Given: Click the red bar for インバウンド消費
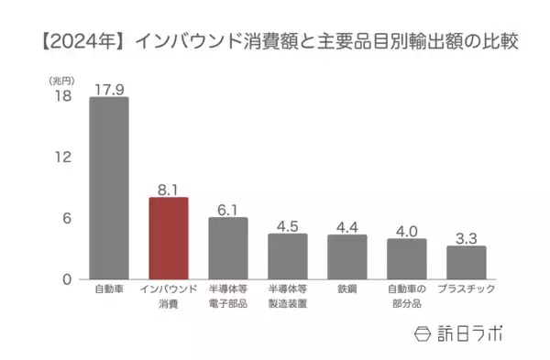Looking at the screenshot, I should click(x=169, y=238).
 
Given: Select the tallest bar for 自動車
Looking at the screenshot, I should click(x=109, y=188).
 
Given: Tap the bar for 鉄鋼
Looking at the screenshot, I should click(x=347, y=256).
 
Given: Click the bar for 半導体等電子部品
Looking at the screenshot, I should click(x=228, y=248).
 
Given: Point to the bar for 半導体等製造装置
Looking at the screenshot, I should click(x=288, y=256).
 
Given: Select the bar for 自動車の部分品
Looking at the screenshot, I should click(x=407, y=258).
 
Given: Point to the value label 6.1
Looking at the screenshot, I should click(x=228, y=209).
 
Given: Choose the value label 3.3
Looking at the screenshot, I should click(x=467, y=237).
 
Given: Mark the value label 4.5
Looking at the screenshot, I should click(x=288, y=225).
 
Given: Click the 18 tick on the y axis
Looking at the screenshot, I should click(x=61, y=96).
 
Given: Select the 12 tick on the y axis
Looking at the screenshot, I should click(x=61, y=158).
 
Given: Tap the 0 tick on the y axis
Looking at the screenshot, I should click(x=66, y=279).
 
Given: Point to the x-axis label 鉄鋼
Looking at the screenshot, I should click(x=347, y=289).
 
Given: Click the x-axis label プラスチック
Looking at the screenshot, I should click(x=467, y=289).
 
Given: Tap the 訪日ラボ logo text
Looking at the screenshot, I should click(x=469, y=332).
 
